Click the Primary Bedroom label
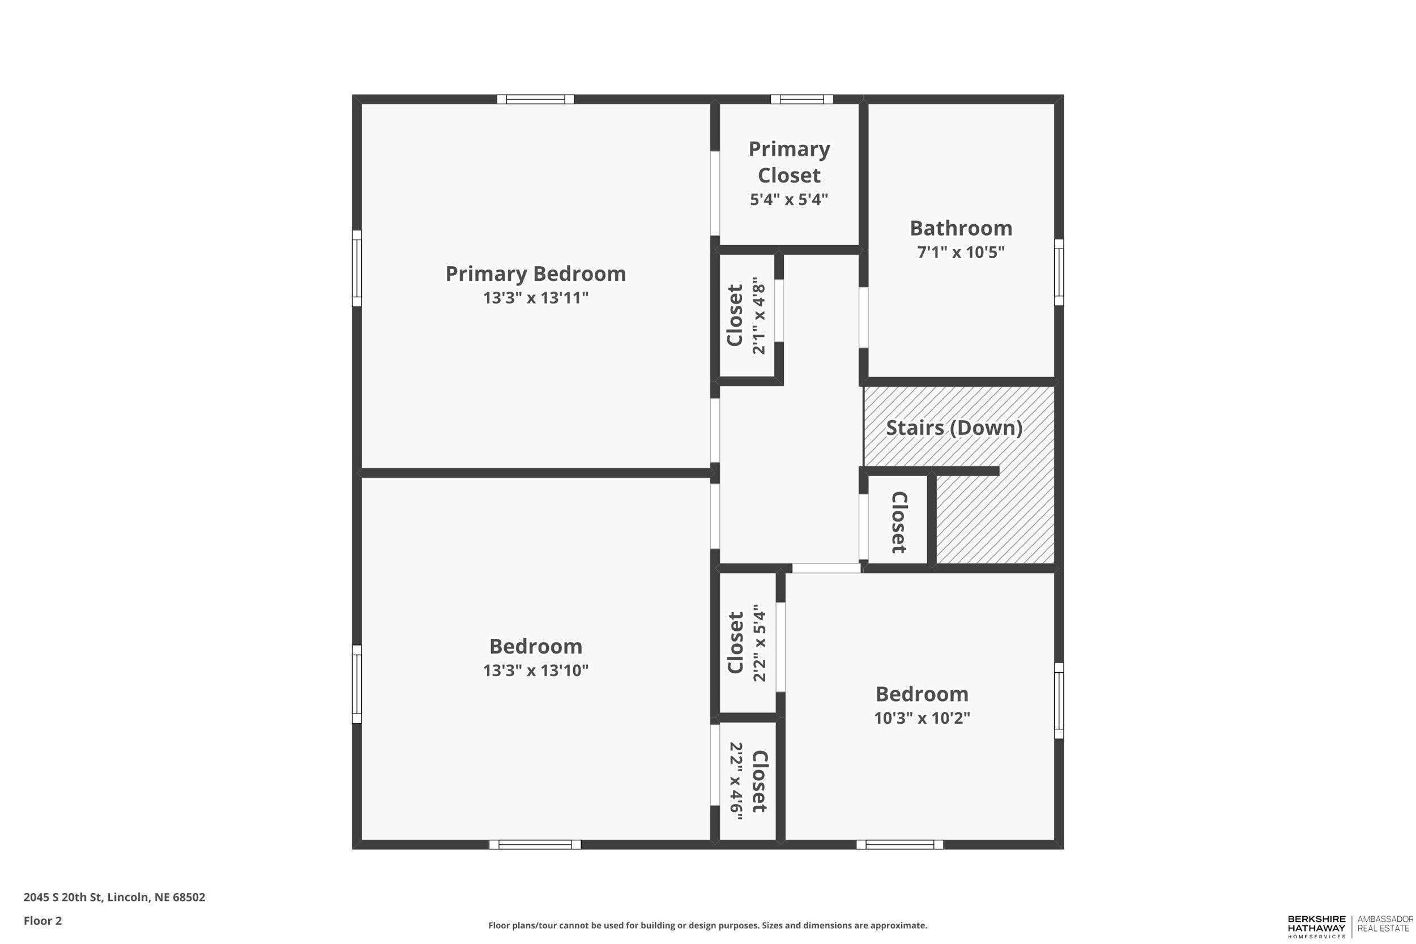point(535,274)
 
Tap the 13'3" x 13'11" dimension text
point(535,298)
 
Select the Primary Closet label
point(788,162)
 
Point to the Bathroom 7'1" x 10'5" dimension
point(960,252)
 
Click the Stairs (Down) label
point(954,428)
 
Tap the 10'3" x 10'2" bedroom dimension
point(922,718)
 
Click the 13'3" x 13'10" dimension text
point(535,670)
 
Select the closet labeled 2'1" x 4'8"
point(747,316)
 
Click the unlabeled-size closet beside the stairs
point(898,522)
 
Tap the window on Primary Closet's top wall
point(801,99)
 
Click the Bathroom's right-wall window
point(1059,272)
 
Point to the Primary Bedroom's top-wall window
point(535,99)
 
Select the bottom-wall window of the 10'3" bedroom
point(899,845)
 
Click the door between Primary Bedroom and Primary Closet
point(715,193)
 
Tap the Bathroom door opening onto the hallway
point(863,317)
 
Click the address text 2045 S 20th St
point(114,897)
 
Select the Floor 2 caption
point(42,921)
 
